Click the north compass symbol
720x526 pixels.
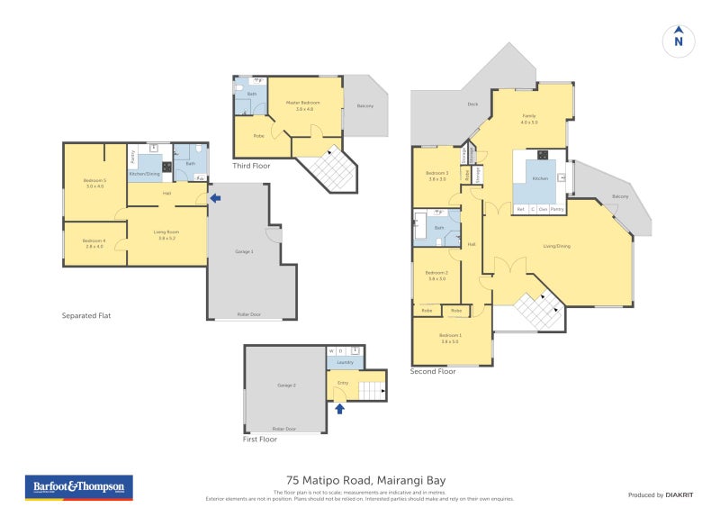click(x=679, y=40)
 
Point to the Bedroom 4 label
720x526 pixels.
click(x=94, y=242)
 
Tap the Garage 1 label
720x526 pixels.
click(x=244, y=251)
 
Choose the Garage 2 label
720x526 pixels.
click(x=286, y=385)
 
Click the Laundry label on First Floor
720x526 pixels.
click(x=345, y=364)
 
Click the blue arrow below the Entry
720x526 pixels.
click(x=339, y=409)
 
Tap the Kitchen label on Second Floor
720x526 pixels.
click(x=539, y=179)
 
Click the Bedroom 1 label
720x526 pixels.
click(x=450, y=339)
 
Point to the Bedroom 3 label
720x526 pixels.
click(x=436, y=175)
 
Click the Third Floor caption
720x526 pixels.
click(x=251, y=167)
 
